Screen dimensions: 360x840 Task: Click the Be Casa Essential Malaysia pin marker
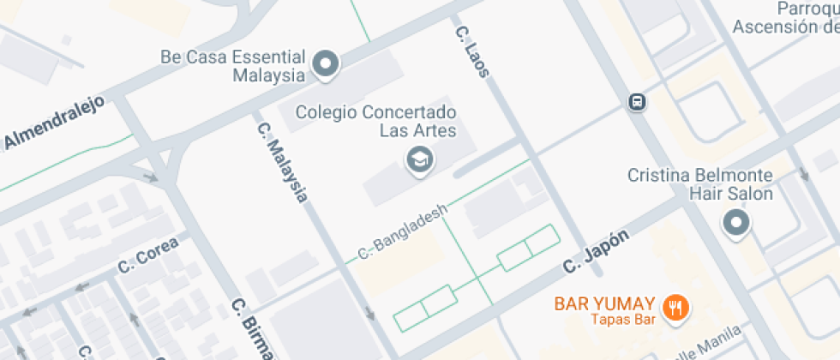(326, 63)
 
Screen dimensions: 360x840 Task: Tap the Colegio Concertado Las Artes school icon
(418, 159)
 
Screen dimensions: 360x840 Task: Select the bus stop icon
(637, 102)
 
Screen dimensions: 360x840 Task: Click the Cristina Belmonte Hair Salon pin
(736, 225)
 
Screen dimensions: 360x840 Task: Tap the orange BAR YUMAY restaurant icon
(677, 306)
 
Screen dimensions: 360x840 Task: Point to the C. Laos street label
(472, 51)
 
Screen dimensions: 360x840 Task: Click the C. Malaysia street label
(282, 163)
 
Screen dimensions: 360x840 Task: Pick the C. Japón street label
(597, 251)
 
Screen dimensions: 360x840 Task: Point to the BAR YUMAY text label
(605, 303)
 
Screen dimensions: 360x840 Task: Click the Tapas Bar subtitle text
(623, 320)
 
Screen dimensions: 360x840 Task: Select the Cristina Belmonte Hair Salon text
(700, 184)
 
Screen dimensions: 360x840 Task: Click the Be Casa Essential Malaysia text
(233, 66)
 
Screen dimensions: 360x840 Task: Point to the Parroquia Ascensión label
(789, 17)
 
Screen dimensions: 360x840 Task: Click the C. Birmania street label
(253, 330)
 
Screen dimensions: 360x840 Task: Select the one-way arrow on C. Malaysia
(369, 314)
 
